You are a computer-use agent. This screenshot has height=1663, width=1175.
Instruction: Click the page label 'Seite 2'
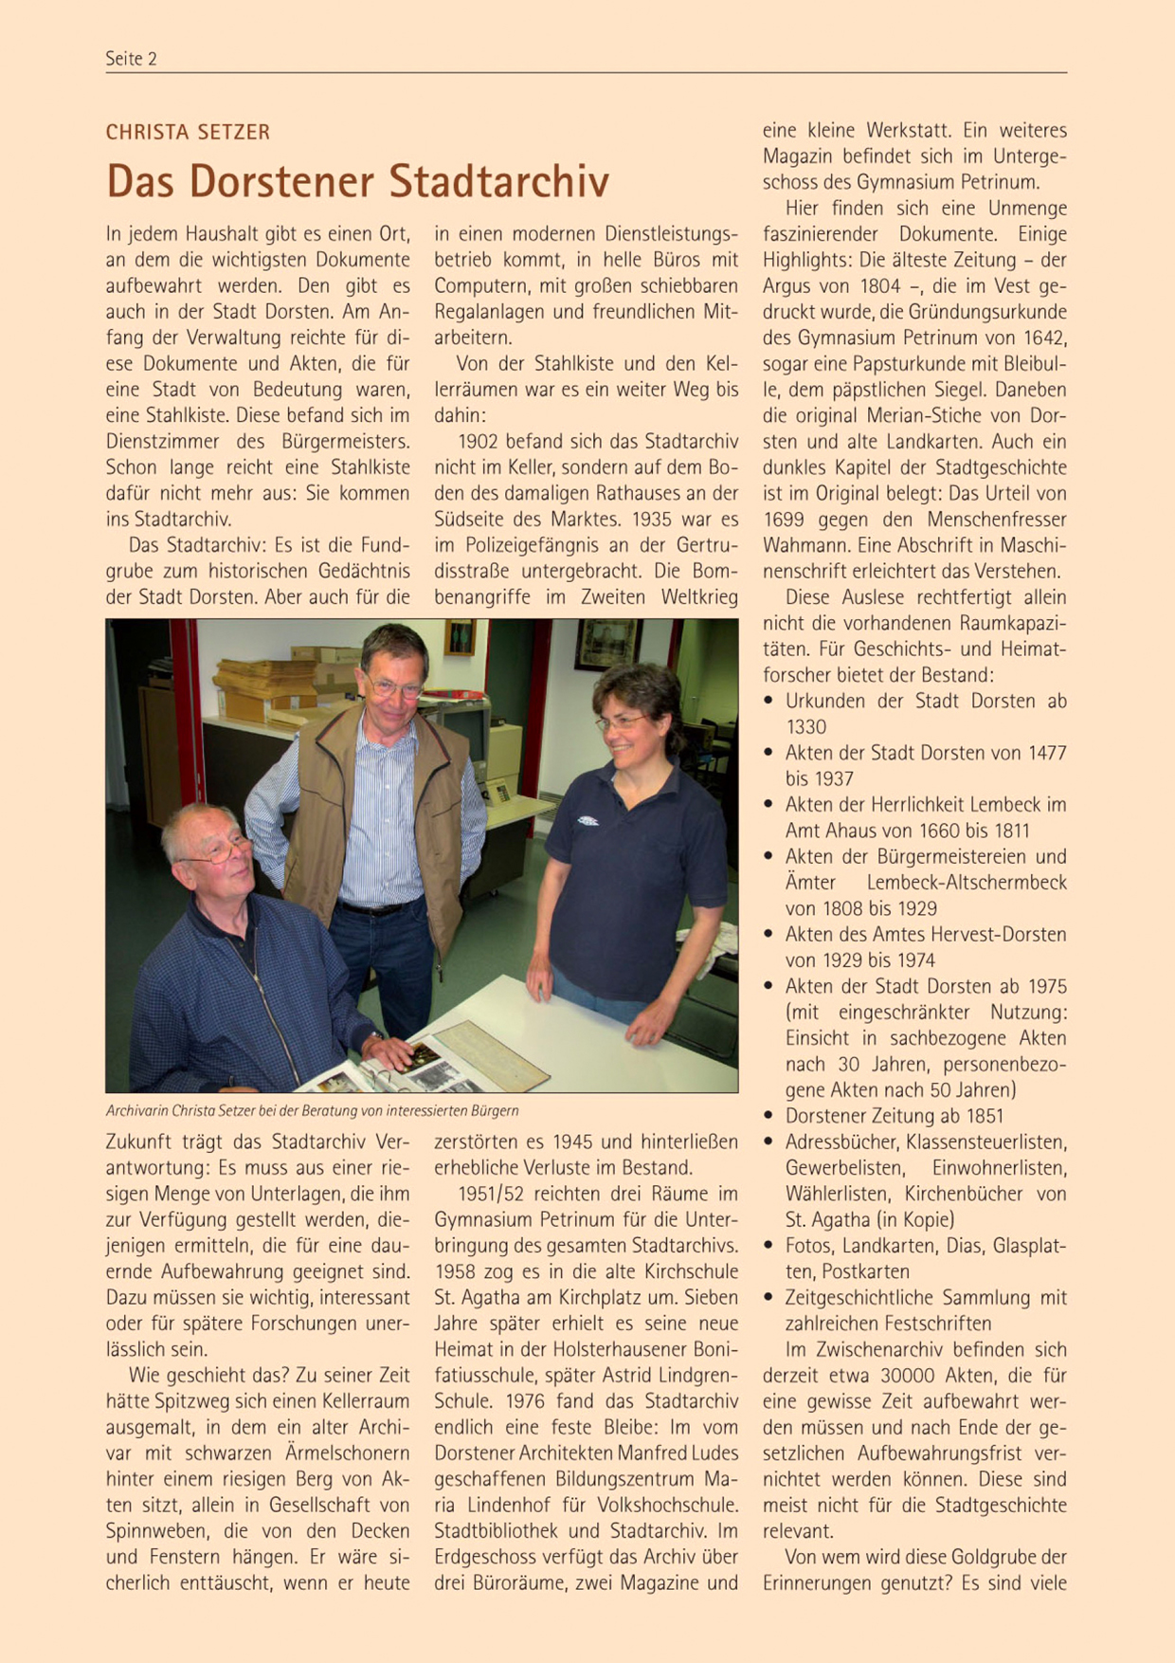coord(131,59)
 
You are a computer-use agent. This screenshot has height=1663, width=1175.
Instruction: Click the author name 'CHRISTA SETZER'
coord(188,133)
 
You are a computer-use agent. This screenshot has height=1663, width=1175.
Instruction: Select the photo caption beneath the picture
coord(312,1110)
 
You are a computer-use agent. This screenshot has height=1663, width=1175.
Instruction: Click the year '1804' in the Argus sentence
coord(881,286)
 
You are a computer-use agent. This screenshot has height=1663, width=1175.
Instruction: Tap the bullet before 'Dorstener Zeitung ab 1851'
coord(770,1116)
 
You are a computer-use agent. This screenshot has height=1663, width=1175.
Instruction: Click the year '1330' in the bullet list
coord(805,727)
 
